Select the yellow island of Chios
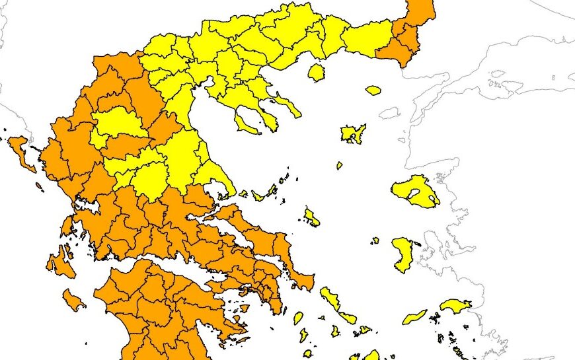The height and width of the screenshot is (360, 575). (402, 255)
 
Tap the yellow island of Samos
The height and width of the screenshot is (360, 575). (455, 305)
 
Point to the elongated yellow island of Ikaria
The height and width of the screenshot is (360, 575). (415, 316)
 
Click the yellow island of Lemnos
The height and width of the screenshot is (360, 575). (353, 133)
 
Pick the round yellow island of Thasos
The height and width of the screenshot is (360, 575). (317, 72)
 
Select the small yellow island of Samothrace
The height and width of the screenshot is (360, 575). (373, 90)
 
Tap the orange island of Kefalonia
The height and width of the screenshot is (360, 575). (58, 261)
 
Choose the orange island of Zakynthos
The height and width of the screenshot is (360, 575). (73, 301)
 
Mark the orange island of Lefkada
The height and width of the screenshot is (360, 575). (67, 227)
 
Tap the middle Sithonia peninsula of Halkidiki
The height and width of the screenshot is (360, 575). (268, 120)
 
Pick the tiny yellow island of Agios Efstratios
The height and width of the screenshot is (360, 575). (339, 166)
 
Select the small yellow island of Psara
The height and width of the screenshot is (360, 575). (375, 240)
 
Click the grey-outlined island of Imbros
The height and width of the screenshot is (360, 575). (390, 113)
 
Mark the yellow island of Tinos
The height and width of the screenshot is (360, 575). (348, 318)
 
